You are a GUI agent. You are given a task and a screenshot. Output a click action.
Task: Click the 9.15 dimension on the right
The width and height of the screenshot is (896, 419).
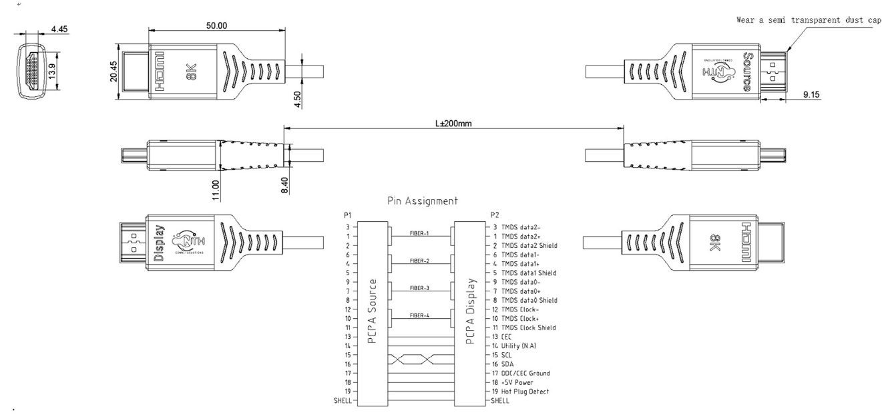(811, 95)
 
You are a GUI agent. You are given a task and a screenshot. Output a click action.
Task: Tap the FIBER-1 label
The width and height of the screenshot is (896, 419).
(419, 234)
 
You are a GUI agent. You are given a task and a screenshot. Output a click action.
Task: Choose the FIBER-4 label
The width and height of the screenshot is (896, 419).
(419, 316)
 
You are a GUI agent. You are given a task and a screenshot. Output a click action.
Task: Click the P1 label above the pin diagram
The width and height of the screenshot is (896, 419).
(347, 215)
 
